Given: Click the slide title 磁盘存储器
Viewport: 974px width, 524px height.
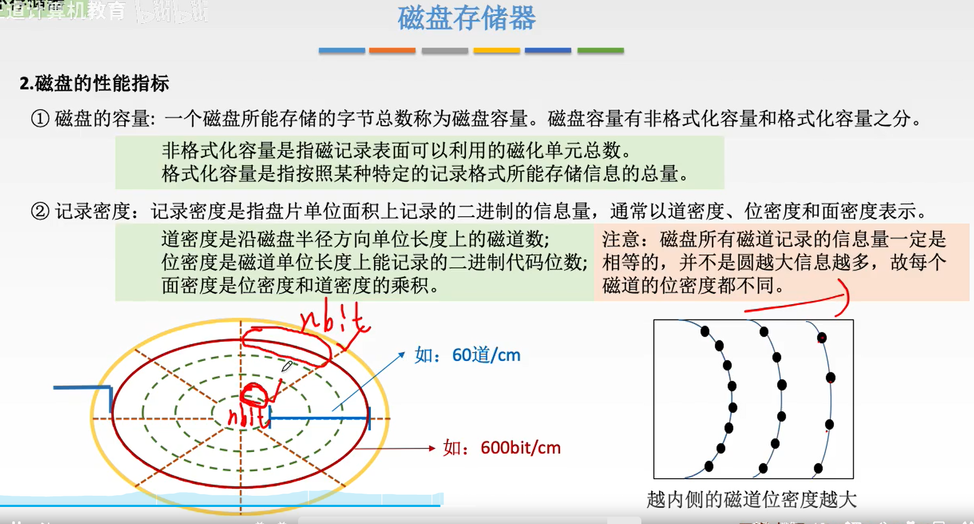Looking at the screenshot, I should point(466,18).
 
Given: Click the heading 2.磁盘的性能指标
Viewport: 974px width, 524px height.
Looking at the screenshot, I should point(94,84).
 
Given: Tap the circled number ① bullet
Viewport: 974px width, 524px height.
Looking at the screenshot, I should point(40,118).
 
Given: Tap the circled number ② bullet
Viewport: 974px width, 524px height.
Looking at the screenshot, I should point(40,211).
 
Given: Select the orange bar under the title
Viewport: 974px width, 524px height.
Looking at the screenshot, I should point(392,51).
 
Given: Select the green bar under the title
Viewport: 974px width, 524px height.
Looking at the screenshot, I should point(600,51).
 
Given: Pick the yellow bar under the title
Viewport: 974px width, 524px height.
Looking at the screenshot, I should point(497,51).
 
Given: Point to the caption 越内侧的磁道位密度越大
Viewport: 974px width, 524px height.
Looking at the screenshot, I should point(752,500).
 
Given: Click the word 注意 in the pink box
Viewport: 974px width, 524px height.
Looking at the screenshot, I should point(621,240).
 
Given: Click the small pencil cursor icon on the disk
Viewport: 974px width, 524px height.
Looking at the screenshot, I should point(287,366).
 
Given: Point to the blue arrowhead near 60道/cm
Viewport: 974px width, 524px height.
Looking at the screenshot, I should point(402,354).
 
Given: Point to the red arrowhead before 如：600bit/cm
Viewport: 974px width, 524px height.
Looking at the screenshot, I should point(432,448).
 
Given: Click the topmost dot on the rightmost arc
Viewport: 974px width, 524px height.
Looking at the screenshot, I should point(822,338).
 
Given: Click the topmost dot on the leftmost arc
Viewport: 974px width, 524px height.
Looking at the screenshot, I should point(705,331).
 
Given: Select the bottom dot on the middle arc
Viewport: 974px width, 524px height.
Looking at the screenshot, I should point(763,468).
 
